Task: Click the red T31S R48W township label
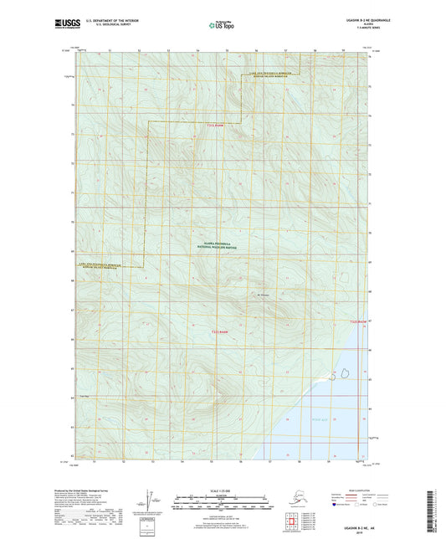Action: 216,126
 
